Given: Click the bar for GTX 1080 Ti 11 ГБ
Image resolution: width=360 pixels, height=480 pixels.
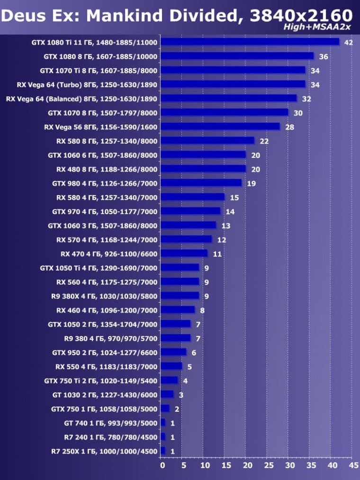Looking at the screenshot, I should [250, 42].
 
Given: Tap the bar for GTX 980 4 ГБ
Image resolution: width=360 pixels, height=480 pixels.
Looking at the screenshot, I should [201, 183].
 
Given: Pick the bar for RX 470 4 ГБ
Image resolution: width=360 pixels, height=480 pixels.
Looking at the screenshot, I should [184, 254].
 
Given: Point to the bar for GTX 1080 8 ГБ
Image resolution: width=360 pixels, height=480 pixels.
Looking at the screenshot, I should [237, 56].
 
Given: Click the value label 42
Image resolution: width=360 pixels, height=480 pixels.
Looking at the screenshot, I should [349, 43].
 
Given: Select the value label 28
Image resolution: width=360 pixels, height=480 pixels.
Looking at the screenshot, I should [289, 127].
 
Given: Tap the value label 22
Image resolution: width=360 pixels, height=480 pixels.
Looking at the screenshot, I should [264, 142].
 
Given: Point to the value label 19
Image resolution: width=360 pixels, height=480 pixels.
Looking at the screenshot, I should [251, 184].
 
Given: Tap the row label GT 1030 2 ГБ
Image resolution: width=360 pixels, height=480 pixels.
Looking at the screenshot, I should [104, 395].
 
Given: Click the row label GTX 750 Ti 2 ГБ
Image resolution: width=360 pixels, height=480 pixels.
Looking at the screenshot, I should [100, 380].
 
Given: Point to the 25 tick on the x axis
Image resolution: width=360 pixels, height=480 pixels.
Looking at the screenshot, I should [268, 466].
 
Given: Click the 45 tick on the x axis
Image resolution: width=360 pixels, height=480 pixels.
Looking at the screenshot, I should [353, 466].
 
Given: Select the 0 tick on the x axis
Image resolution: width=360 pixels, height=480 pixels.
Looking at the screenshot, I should [162, 466].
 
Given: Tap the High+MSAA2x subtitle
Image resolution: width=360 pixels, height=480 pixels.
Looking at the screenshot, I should [317, 27].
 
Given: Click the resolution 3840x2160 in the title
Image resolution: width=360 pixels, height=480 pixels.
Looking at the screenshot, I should [301, 16].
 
